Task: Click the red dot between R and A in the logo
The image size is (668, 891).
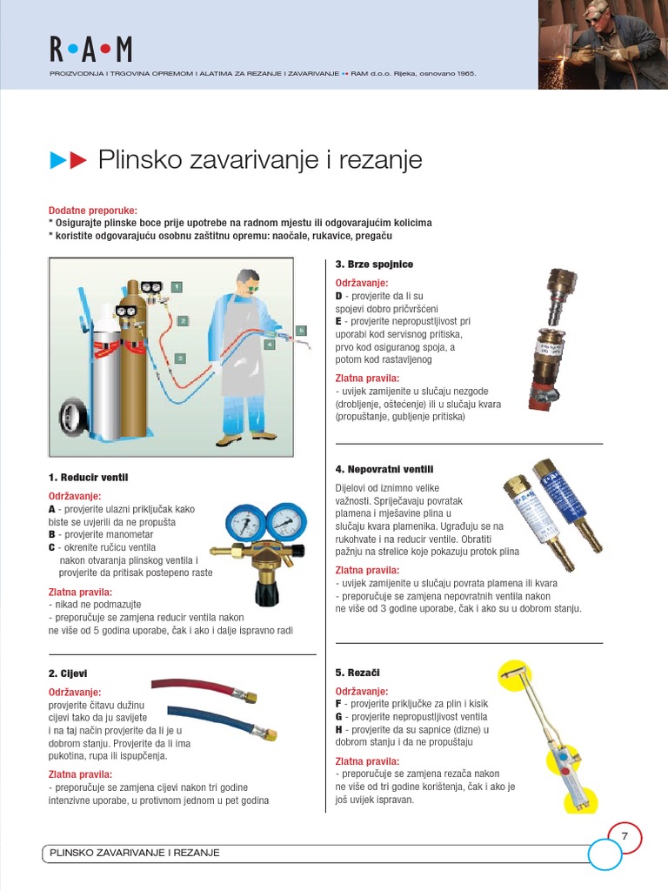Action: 71,50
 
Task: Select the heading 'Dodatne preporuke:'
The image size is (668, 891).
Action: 93,211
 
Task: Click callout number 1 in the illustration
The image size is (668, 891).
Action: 177,286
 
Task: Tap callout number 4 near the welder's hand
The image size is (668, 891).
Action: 271,345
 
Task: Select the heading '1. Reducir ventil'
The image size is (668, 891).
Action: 88,478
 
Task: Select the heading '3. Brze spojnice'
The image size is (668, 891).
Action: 374,264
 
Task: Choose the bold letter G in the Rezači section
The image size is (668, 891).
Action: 339,716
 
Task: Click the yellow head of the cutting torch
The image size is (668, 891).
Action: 514,671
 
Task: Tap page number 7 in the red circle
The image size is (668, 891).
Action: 624,836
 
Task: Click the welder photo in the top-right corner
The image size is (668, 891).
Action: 603,44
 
